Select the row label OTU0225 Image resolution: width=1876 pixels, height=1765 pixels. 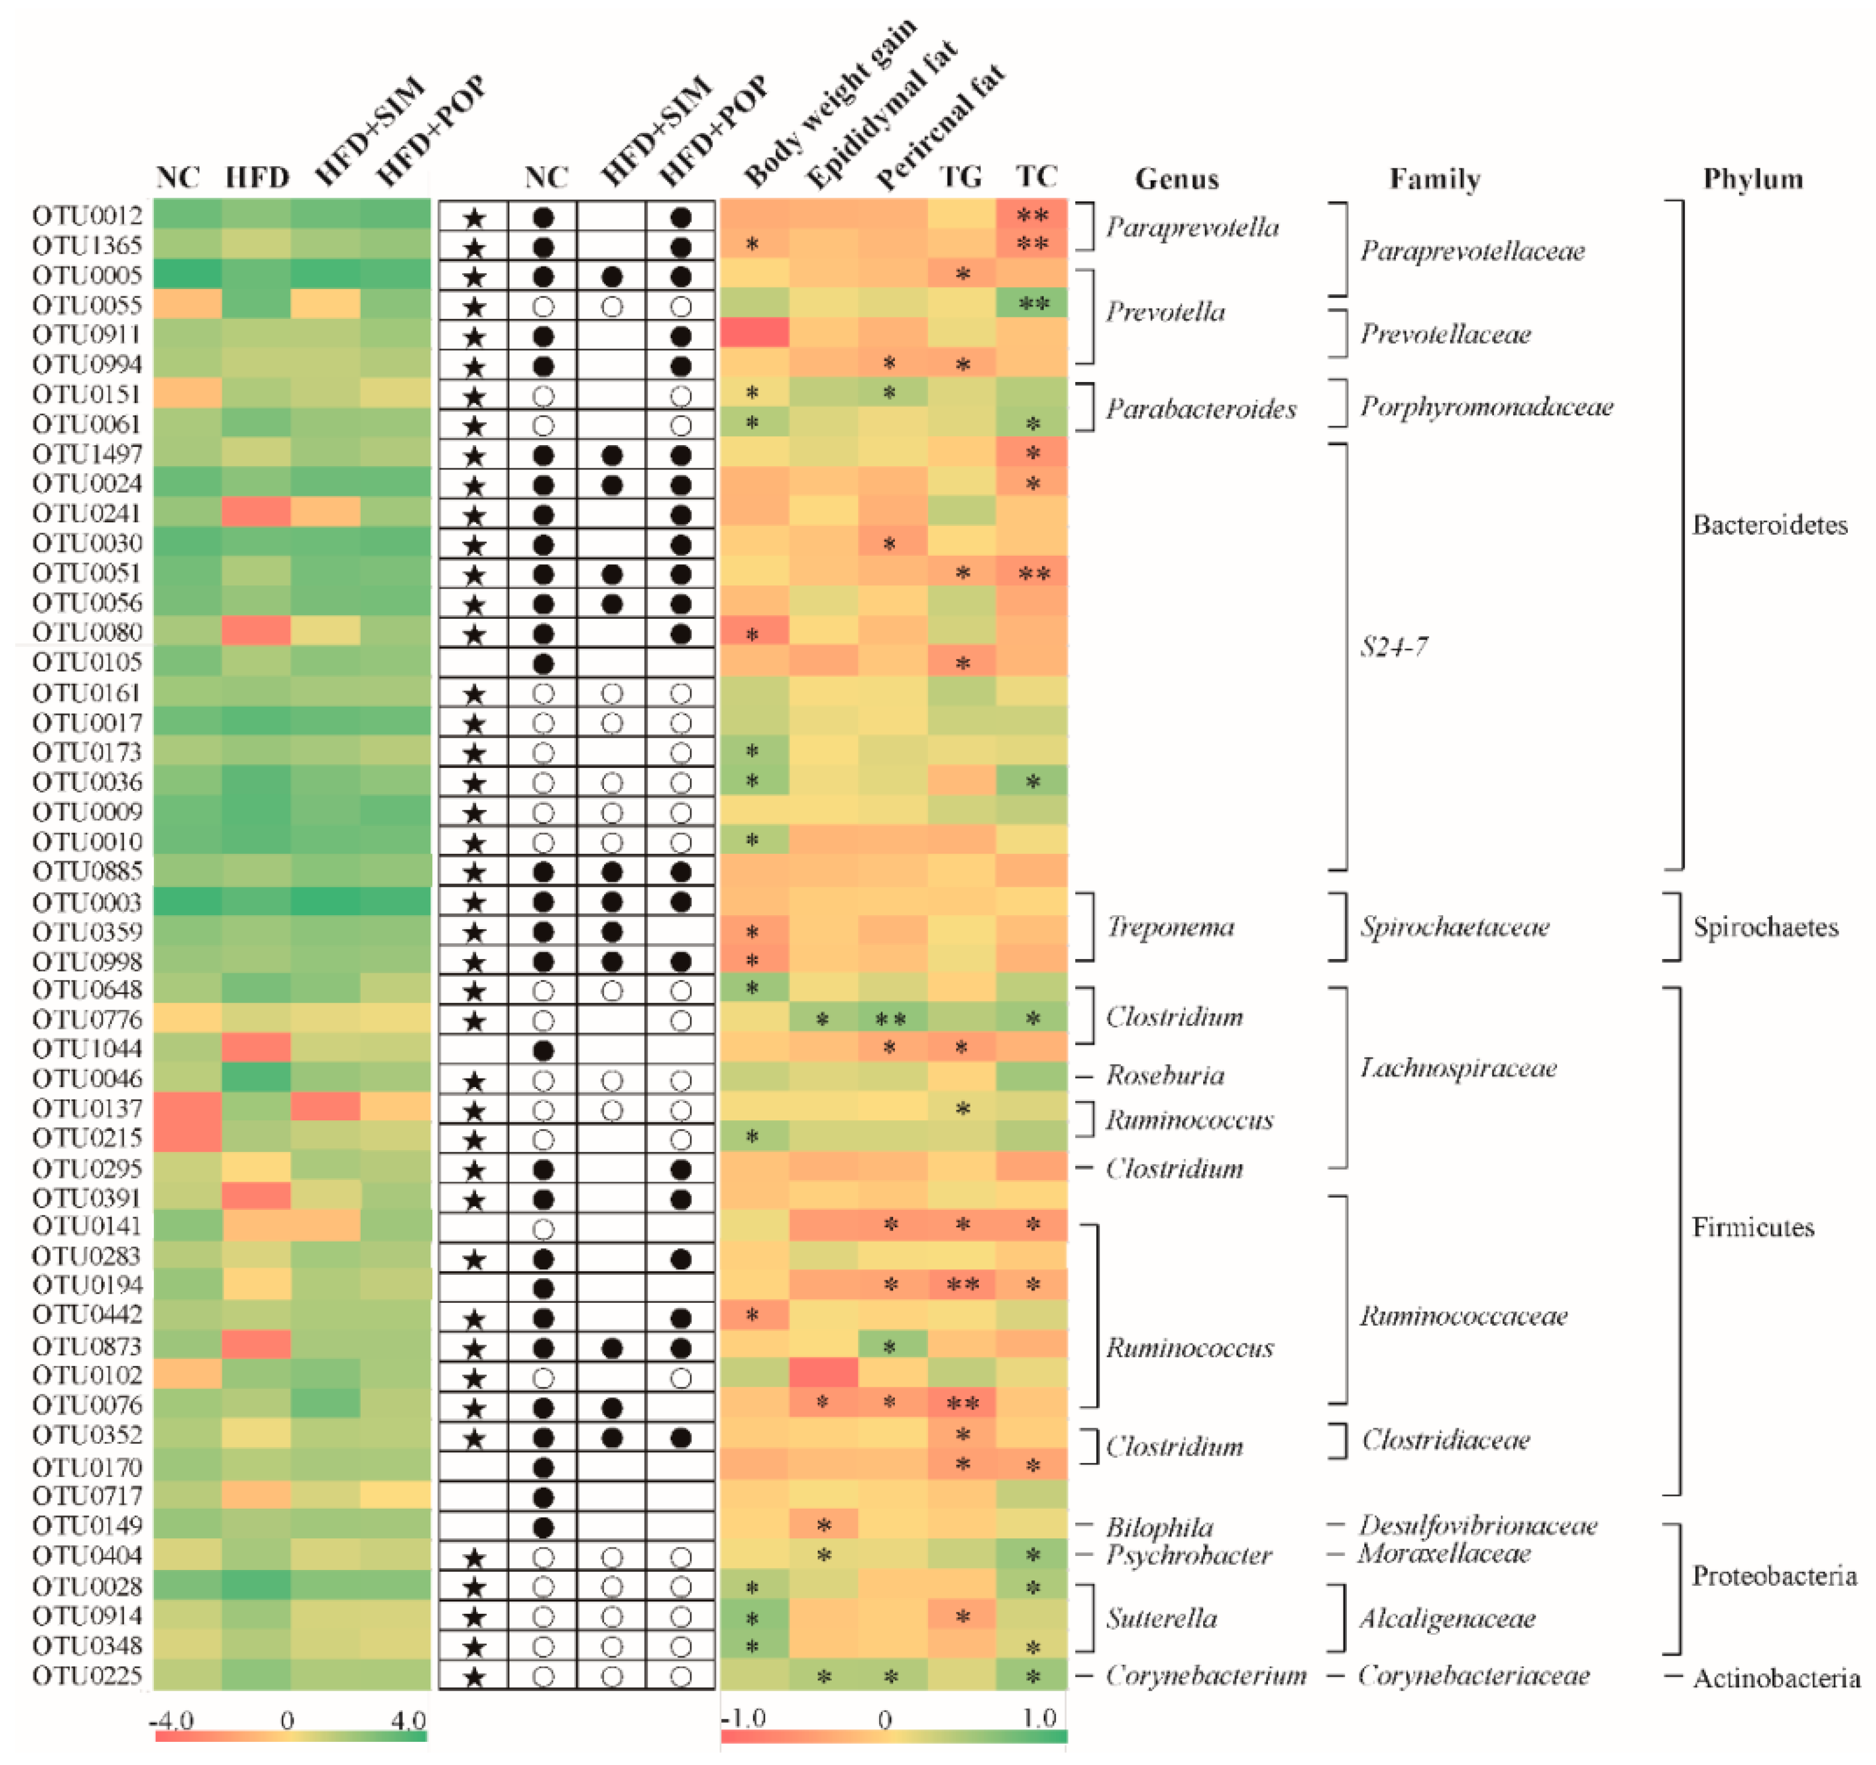click(x=87, y=1675)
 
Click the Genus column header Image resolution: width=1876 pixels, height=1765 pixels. click(x=1177, y=179)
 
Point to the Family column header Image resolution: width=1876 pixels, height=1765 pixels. click(x=1434, y=179)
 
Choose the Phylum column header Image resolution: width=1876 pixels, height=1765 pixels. click(x=1753, y=179)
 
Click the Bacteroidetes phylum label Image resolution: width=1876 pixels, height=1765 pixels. click(x=1769, y=525)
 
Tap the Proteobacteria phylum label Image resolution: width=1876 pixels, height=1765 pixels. click(x=1774, y=1575)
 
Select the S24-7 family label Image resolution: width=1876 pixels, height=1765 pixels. click(x=1394, y=646)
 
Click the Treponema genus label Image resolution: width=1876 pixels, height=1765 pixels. click(x=1170, y=927)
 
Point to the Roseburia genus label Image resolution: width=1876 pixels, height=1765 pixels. click(x=1165, y=1075)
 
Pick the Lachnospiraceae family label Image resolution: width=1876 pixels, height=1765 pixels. click(x=1458, y=1068)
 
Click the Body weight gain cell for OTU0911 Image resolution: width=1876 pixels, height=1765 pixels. click(x=754, y=333)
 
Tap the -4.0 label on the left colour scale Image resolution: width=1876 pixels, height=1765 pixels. click(x=172, y=1720)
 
